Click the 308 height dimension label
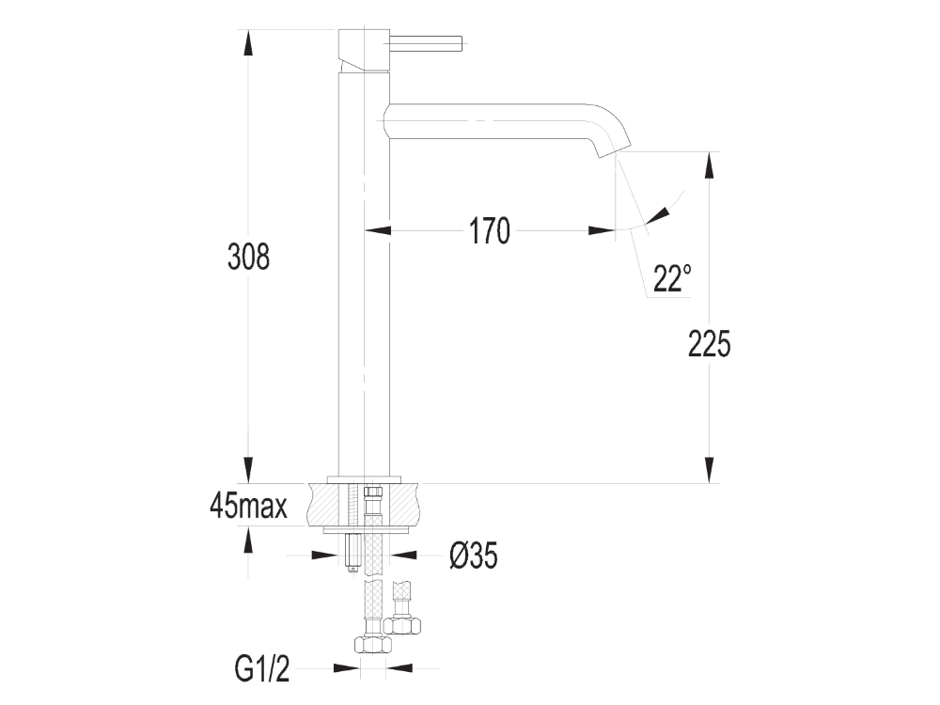(x=249, y=257)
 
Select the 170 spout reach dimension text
(x=489, y=230)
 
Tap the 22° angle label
(x=672, y=278)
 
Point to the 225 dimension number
(x=709, y=345)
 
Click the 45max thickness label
(x=248, y=507)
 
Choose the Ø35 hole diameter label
(x=473, y=556)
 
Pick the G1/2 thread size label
(x=261, y=669)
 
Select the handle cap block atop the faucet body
(x=363, y=49)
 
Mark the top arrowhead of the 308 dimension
(x=248, y=43)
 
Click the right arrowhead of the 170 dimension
(x=602, y=230)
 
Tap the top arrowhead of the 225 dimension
(x=709, y=165)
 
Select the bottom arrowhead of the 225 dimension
(x=709, y=469)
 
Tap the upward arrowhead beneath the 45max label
(x=248, y=540)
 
